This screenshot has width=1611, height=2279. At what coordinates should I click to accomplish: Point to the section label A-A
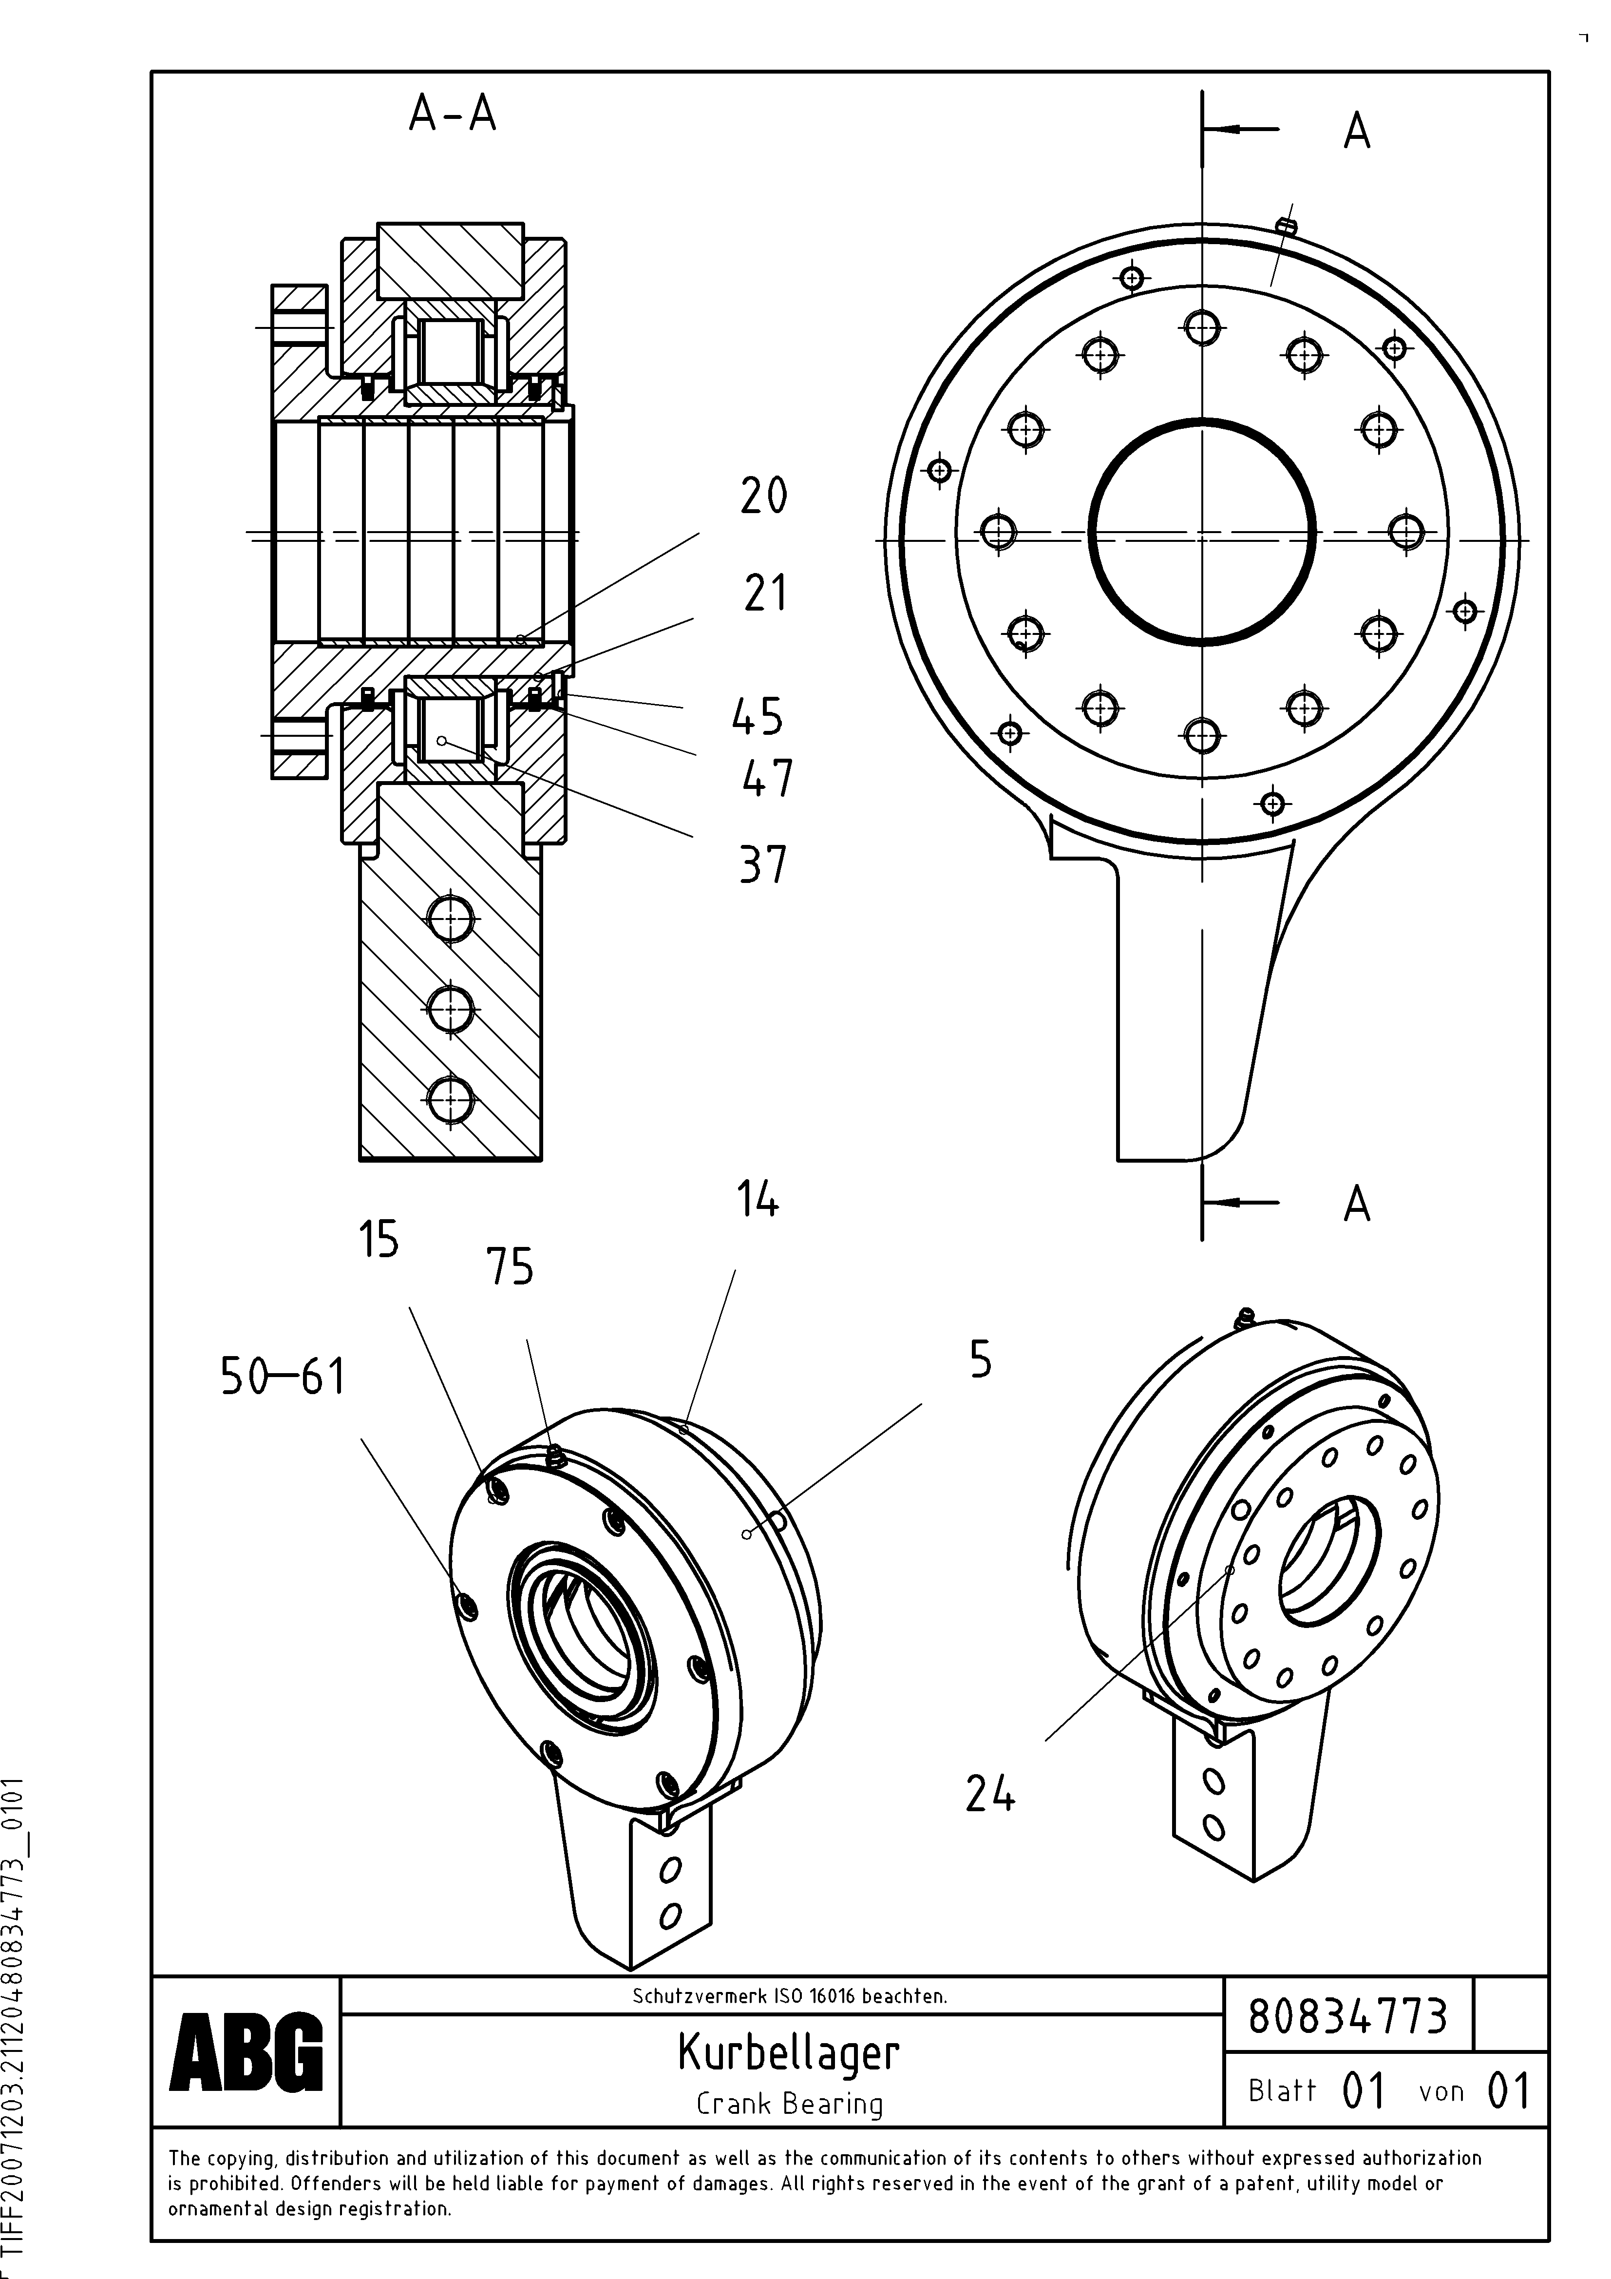pos(453,115)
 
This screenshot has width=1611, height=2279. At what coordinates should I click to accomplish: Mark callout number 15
pos(378,1240)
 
